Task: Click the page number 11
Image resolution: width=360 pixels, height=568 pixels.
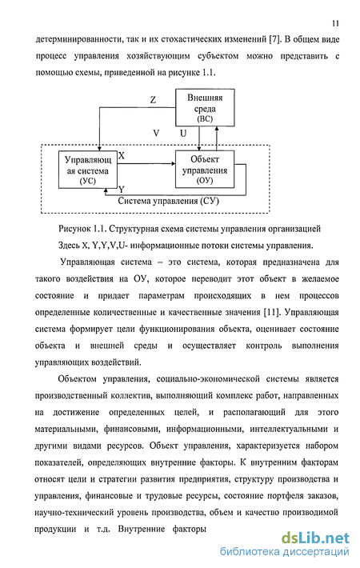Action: [335, 23]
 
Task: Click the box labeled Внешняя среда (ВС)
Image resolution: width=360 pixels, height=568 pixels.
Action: [205, 107]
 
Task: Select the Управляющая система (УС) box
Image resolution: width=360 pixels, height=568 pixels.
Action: [88, 170]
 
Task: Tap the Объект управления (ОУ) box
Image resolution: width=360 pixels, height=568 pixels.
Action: [205, 169]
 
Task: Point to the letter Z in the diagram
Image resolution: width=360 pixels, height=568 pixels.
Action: [153, 100]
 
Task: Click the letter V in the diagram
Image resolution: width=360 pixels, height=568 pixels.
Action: [156, 134]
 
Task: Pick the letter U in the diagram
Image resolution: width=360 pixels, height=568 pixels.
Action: [183, 134]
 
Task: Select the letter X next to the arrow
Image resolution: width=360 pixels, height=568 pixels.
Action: [122, 156]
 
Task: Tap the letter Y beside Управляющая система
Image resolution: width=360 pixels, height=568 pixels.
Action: [122, 189]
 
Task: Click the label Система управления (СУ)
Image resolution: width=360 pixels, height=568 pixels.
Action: [169, 201]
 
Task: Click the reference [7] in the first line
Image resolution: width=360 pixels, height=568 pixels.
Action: [275, 39]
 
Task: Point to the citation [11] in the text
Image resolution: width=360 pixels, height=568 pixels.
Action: [272, 312]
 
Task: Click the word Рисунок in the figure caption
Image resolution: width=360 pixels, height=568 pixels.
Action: [74, 229]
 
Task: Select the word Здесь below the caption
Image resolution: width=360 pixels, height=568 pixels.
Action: [69, 246]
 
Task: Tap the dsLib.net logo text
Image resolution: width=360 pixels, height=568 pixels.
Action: [315, 538]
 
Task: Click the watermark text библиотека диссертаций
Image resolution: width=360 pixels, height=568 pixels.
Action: [285, 552]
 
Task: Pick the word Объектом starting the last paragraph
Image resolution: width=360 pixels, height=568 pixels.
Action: [77, 379]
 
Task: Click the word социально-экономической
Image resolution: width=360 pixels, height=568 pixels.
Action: [208, 379]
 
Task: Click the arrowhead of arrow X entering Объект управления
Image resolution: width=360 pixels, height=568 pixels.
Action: [173, 164]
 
